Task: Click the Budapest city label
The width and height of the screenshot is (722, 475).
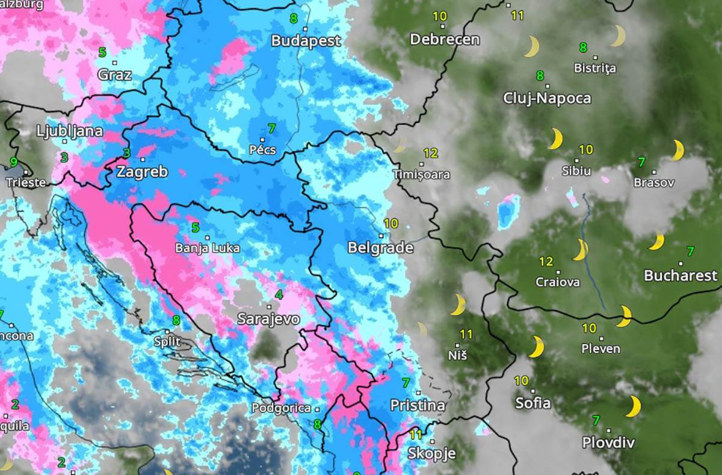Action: pyautogui.click(x=306, y=41)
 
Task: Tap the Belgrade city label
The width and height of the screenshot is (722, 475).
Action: pyautogui.click(x=380, y=248)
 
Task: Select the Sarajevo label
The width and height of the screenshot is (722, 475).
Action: pyautogui.click(x=268, y=319)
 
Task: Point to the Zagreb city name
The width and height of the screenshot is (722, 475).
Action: pyautogui.click(x=142, y=172)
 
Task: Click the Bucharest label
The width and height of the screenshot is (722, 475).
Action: pyautogui.click(x=680, y=276)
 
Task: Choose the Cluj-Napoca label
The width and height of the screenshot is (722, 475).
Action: pyautogui.click(x=547, y=98)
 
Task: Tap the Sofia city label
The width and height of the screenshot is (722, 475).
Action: pyautogui.click(x=532, y=403)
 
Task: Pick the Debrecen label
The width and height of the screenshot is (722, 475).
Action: pyautogui.click(x=445, y=40)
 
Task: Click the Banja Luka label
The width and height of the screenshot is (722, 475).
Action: pyautogui.click(x=207, y=248)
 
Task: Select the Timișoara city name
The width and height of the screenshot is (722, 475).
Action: pyautogui.click(x=421, y=175)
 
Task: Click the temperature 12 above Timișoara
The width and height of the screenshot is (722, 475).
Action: pyautogui.click(x=430, y=153)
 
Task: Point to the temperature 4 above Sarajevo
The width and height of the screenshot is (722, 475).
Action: pyautogui.click(x=279, y=295)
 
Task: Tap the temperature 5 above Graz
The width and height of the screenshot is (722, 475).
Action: pyautogui.click(x=102, y=52)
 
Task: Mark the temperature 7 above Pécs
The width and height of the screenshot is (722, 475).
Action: pyautogui.click(x=271, y=128)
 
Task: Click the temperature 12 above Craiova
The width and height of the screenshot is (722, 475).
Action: pyautogui.click(x=546, y=262)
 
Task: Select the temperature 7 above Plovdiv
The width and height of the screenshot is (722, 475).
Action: pyautogui.click(x=596, y=420)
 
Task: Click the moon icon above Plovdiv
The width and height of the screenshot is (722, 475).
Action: pyautogui.click(x=633, y=406)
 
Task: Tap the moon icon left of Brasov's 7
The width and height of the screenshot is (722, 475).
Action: pyautogui.click(x=677, y=150)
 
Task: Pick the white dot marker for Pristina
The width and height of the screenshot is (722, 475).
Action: pyautogui.click(x=418, y=393)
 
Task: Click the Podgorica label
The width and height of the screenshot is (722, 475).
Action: pyautogui.click(x=281, y=408)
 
